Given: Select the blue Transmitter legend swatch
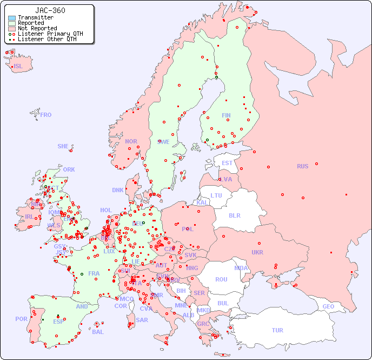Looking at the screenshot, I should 12,18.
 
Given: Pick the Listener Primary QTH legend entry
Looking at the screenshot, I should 46,34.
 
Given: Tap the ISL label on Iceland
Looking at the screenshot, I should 18,67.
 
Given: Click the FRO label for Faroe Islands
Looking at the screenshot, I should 46,115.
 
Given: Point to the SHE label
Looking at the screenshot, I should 63,146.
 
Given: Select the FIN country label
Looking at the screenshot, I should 226,115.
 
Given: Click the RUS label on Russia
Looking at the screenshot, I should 302,166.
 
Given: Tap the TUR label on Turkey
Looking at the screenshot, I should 277,330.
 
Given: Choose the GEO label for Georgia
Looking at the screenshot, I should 328,306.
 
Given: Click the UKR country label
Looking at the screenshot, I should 257,252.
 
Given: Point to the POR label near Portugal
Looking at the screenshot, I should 21,319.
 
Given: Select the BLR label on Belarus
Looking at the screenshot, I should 235,215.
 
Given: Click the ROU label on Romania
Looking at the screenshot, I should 221,279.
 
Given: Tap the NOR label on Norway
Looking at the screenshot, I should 131,141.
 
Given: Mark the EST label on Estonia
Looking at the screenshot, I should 227,163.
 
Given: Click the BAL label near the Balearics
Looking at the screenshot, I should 98,332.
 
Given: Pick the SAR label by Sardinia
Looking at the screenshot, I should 142,319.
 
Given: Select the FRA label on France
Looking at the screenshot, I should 94,273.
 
